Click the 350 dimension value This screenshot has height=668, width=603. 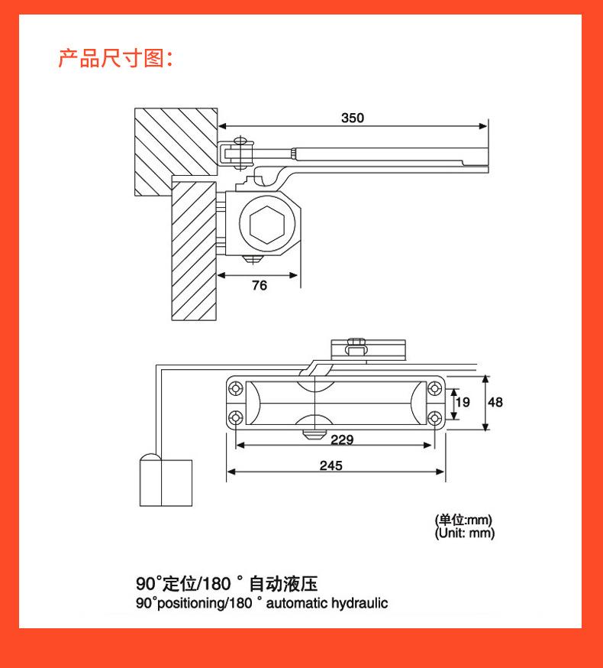click(353, 118)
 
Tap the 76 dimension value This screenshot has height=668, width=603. click(260, 285)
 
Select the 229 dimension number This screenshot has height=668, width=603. click(342, 439)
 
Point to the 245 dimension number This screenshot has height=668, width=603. click(331, 465)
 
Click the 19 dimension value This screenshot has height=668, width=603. click(463, 402)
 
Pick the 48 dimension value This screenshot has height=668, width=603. click(495, 402)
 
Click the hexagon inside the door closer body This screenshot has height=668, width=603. click(267, 225)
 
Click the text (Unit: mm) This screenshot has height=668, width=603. click(464, 533)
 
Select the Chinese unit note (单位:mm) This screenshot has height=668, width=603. click(463, 520)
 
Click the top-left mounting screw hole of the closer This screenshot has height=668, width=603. click(235, 388)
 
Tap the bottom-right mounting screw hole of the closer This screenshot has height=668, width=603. click(434, 418)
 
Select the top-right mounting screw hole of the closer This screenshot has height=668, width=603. click(434, 388)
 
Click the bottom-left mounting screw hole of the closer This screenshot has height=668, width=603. click(235, 418)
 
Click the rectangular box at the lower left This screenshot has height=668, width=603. click(166, 483)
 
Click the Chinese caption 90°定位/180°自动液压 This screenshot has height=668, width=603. click(227, 584)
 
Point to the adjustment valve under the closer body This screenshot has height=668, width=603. click(314, 435)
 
